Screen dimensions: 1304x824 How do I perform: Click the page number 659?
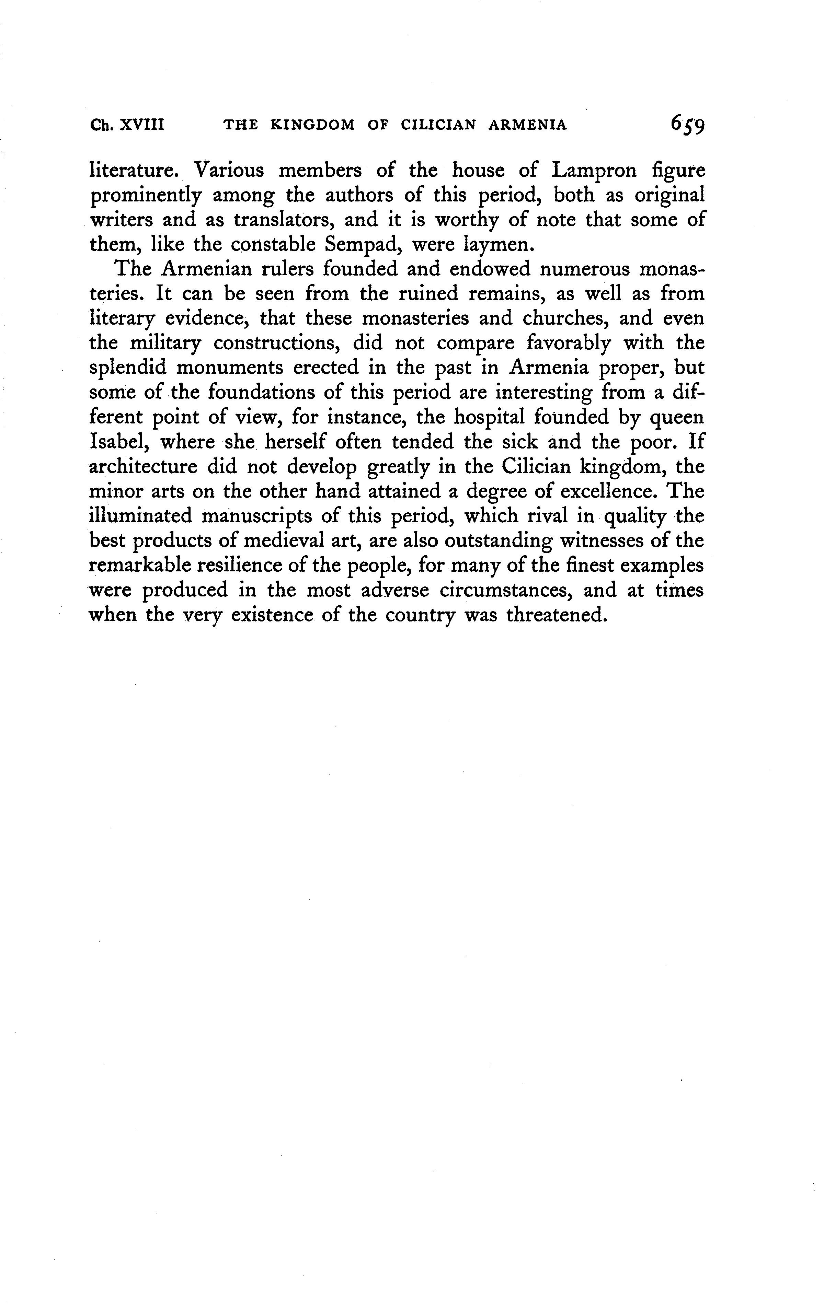point(687,125)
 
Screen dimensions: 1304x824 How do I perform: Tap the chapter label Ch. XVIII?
point(127,125)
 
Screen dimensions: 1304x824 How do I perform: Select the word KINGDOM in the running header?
point(312,125)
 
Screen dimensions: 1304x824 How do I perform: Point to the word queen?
point(677,418)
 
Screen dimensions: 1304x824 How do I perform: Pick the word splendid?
point(128,368)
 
